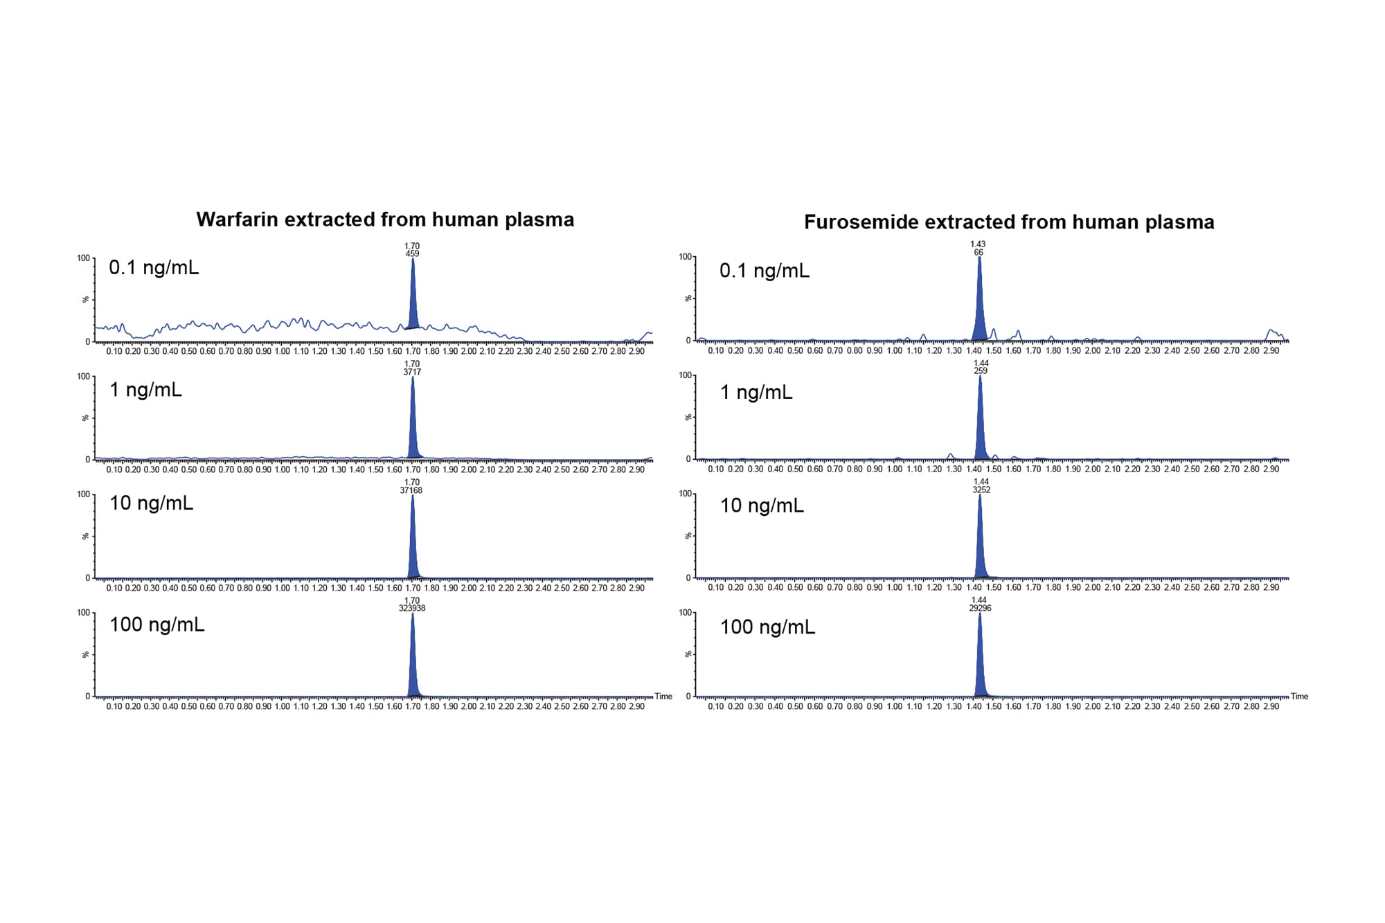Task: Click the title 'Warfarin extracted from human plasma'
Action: (x=385, y=219)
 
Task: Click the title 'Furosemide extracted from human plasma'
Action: (x=1009, y=222)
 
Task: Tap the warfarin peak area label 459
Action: (x=412, y=253)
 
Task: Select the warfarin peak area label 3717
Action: (x=412, y=372)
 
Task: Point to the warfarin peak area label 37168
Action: (x=411, y=490)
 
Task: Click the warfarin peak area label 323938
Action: (x=412, y=608)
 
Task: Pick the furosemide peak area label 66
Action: (x=979, y=253)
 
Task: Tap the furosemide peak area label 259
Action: (x=981, y=370)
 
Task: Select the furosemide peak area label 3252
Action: (x=981, y=490)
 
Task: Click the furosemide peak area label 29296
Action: (x=981, y=608)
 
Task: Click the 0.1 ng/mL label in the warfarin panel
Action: (x=154, y=268)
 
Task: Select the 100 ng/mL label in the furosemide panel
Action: (x=767, y=627)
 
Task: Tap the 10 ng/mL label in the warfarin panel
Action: (x=151, y=503)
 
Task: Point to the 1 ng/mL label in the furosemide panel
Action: (x=756, y=393)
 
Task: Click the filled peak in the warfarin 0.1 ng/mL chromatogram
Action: (x=413, y=305)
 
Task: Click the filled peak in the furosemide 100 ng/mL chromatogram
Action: (x=980, y=665)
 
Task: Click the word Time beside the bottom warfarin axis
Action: (x=663, y=697)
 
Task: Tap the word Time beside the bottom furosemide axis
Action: (x=1299, y=697)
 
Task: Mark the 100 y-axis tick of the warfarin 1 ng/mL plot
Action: (x=83, y=377)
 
